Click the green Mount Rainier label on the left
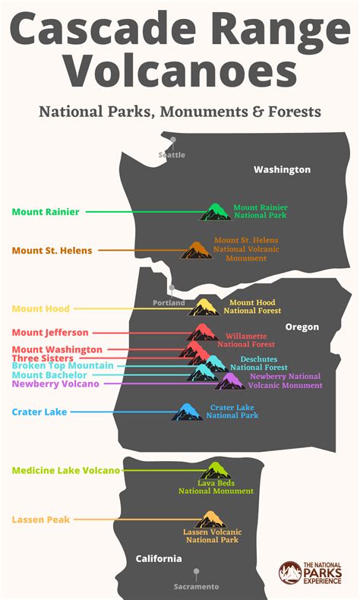point(46,212)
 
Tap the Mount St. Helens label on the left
point(52,251)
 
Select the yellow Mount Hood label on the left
point(41,309)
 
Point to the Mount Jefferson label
point(50,333)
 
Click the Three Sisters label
point(43,358)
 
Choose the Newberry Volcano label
point(55,384)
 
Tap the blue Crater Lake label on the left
point(39,412)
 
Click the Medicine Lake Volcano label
point(66,471)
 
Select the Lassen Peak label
point(41,520)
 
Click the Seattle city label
point(172,155)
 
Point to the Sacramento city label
point(196,586)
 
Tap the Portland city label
point(168,302)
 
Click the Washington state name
point(282,170)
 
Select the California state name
point(159,559)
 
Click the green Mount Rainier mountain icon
point(215,212)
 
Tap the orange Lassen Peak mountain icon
point(208,520)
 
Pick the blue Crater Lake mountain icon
point(187,412)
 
